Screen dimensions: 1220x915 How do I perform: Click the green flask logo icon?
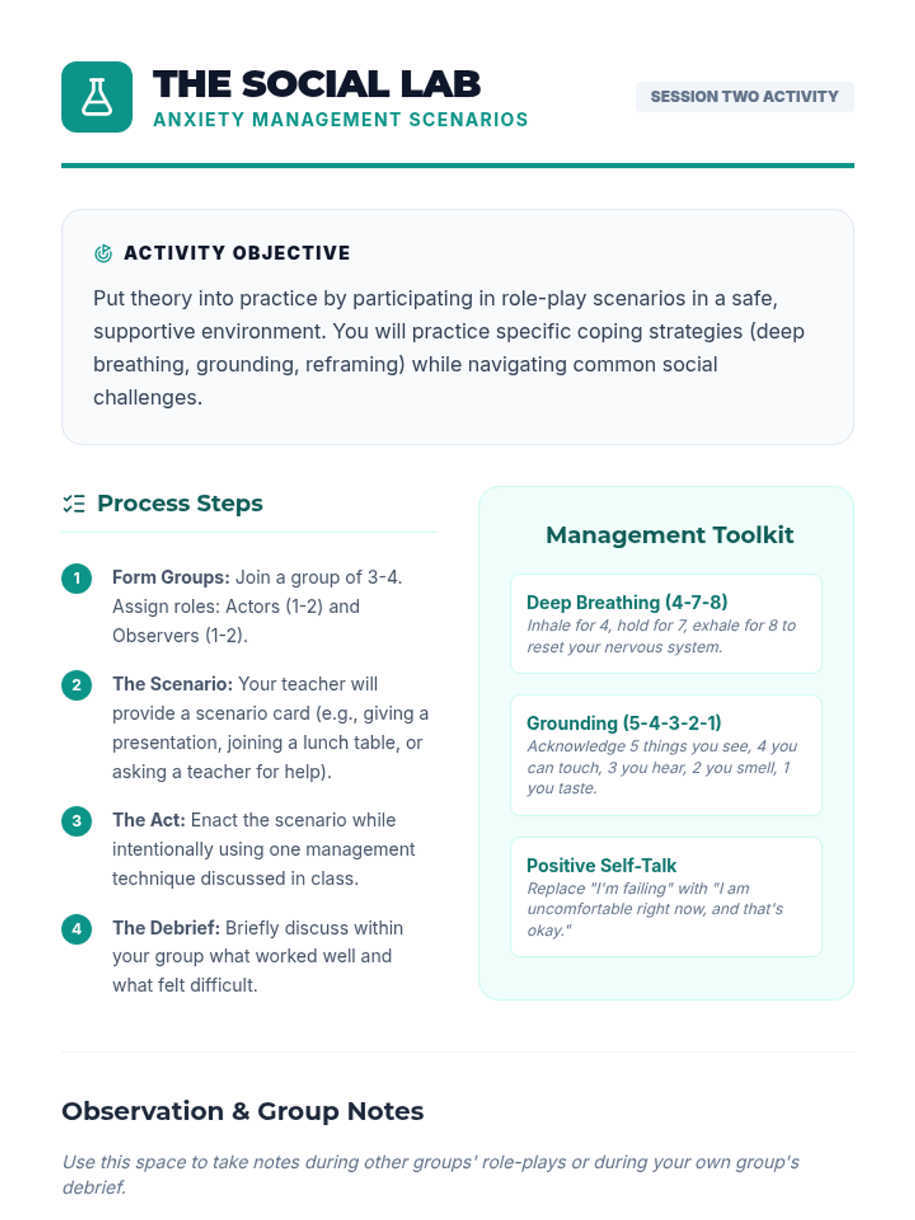click(x=97, y=97)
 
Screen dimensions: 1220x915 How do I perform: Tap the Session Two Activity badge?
click(x=744, y=97)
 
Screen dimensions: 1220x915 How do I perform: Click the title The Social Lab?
click(x=316, y=84)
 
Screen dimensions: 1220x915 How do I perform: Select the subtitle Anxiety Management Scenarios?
click(x=340, y=120)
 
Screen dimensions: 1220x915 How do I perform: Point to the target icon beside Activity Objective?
click(x=103, y=253)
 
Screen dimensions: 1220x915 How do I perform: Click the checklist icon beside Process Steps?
click(x=74, y=503)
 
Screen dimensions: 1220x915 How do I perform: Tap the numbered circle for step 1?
click(x=76, y=578)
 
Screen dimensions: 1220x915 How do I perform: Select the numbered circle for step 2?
click(x=76, y=685)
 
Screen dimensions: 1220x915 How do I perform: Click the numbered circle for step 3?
click(x=76, y=821)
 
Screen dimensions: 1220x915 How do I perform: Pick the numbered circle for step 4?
click(x=76, y=929)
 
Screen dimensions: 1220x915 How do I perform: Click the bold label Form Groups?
click(x=171, y=577)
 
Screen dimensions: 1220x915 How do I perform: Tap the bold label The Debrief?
click(x=166, y=928)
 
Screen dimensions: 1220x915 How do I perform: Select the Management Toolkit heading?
click(x=669, y=535)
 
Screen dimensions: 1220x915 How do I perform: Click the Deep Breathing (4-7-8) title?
click(x=627, y=602)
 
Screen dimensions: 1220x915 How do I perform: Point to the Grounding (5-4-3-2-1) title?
click(x=624, y=723)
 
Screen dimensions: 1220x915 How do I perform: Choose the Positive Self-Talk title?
click(x=602, y=865)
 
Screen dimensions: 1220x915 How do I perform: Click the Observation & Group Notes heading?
click(x=242, y=1111)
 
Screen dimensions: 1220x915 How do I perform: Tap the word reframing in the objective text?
click(x=354, y=364)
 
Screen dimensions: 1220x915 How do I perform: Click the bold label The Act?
click(x=149, y=820)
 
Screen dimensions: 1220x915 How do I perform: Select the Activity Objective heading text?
click(x=237, y=253)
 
